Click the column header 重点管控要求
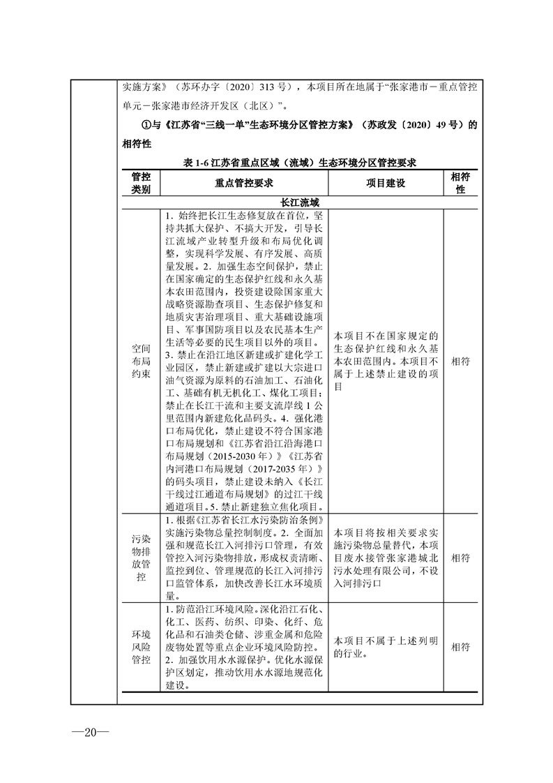pyautogui.click(x=243, y=183)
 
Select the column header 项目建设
pyautogui.click(x=386, y=183)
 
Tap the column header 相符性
pyautogui.click(x=460, y=183)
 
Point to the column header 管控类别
pyautogui.click(x=141, y=183)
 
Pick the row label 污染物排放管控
pyautogui.click(x=141, y=558)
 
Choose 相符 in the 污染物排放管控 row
pyautogui.click(x=460, y=558)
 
